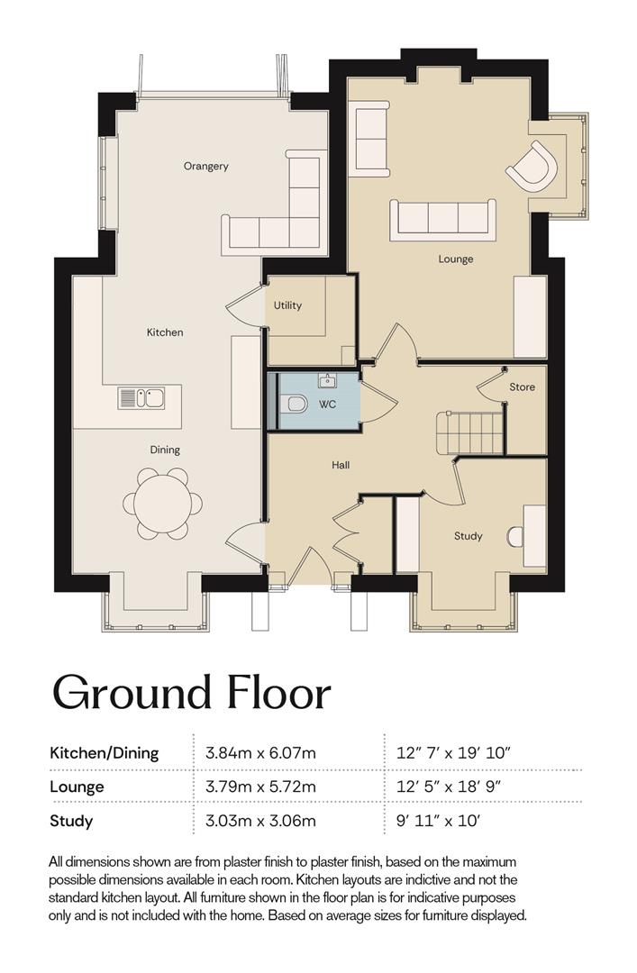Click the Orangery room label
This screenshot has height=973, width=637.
tap(206, 167)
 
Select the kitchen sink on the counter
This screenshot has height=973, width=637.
tap(141, 398)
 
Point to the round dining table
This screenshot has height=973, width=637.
tap(163, 504)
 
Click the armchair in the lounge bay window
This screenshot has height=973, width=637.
tap(533, 167)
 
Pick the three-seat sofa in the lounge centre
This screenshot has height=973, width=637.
tap(443, 220)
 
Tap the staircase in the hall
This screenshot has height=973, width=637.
tap(470, 432)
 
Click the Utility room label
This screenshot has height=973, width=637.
tap(287, 305)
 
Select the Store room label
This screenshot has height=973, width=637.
tap(523, 387)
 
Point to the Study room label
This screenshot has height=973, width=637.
tap(469, 536)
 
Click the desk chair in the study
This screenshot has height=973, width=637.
tap(514, 537)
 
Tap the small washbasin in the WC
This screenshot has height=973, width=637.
tap(327, 380)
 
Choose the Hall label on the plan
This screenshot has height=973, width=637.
tap(341, 465)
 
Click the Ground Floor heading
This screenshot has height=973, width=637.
tap(191, 692)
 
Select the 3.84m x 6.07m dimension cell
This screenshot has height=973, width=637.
tap(260, 752)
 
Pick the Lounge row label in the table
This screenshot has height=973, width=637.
tap(77, 787)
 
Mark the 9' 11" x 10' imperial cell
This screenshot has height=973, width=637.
tap(438, 821)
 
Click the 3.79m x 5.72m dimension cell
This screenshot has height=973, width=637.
tap(260, 787)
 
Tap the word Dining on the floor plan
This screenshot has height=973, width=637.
tap(165, 450)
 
